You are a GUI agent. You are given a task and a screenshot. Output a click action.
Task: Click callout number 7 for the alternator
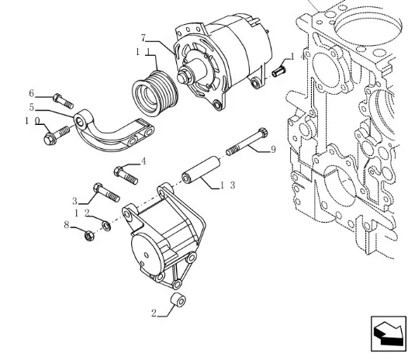(144, 39)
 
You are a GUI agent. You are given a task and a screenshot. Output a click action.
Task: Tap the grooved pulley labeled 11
(155, 94)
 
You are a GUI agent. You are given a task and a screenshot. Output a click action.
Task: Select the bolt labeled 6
(63, 101)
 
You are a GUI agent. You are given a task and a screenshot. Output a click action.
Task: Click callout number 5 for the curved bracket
(32, 107)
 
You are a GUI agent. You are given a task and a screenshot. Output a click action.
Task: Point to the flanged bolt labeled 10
(57, 135)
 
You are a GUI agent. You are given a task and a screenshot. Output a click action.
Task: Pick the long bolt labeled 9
(247, 142)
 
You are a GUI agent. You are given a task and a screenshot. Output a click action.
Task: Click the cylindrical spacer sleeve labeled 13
(201, 171)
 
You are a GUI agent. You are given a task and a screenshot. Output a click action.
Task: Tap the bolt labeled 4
(126, 175)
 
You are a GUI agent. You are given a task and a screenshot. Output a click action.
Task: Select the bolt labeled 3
(106, 192)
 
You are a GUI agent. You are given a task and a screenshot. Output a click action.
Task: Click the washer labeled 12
(106, 227)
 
